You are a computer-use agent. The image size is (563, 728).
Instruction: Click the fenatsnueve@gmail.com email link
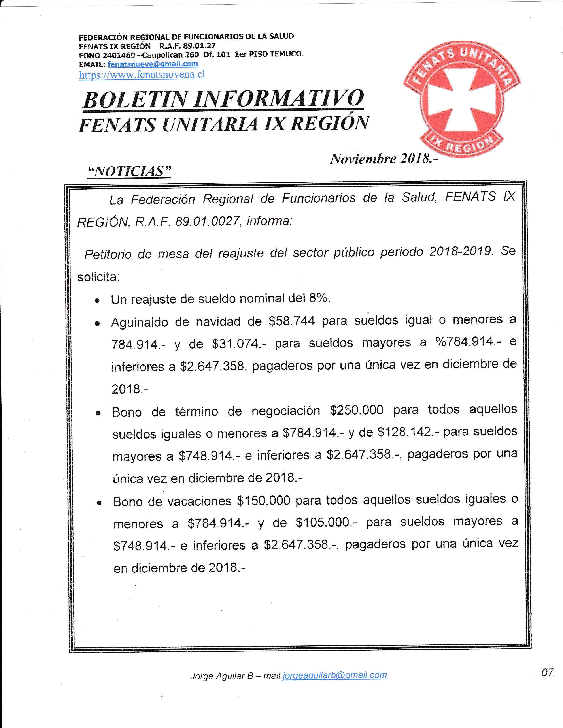pyautogui.click(x=153, y=64)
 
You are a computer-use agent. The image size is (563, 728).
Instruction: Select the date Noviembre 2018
pyautogui.click(x=383, y=159)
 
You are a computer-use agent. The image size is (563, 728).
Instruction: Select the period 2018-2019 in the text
pyautogui.click(x=461, y=251)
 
